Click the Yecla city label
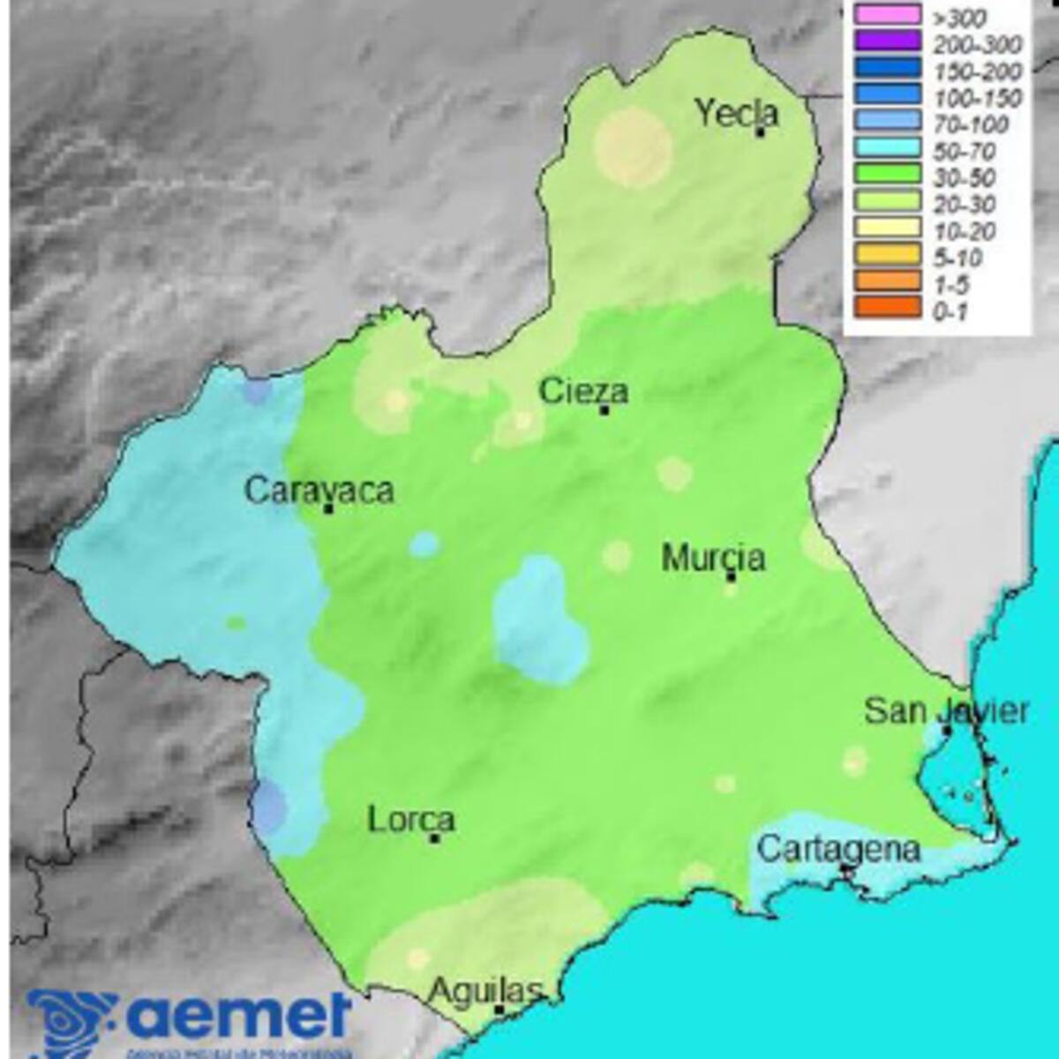coord(737,113)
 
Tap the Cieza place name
coord(583,391)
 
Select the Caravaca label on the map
coord(319,490)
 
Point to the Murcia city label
coord(713,558)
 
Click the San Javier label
coord(946,710)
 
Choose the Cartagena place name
coord(838,849)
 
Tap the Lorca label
coord(410,820)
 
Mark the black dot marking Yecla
coord(760,132)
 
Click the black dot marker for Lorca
coord(435,837)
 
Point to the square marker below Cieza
coord(605,410)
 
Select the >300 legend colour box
coord(887,15)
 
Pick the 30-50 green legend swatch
coord(887,175)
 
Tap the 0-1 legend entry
coord(950,311)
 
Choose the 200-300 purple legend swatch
coord(887,41)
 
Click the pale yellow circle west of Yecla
coord(634,147)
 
